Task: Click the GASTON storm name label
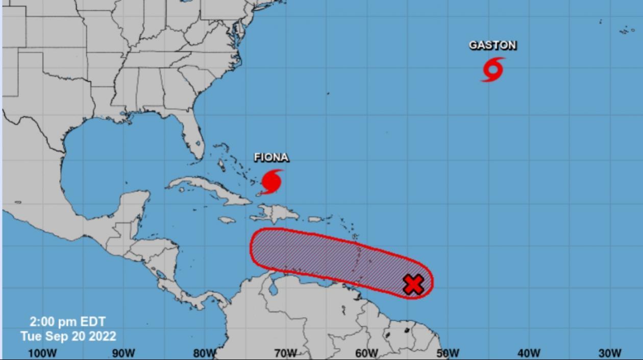(492, 45)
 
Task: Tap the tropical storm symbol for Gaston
(493, 69)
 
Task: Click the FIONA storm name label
(271, 157)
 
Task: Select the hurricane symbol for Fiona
(271, 181)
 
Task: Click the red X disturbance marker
(413, 284)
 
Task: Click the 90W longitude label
(123, 353)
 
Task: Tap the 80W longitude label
(204, 353)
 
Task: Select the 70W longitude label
(285, 353)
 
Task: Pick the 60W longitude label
(366, 353)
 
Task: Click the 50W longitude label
(448, 353)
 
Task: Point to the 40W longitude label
(529, 353)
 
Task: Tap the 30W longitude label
(610, 353)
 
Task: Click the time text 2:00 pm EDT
(67, 322)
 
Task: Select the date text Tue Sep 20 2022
(68, 336)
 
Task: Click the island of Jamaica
(228, 220)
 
